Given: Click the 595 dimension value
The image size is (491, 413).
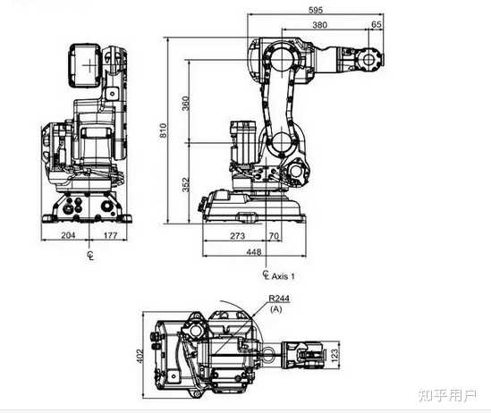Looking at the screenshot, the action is pos(316,10).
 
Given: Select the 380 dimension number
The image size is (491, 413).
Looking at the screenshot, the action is pos(319,25).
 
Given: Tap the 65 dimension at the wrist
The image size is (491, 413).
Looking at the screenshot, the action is pos(377,24).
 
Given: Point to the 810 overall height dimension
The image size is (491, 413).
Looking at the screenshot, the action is pos(163,131).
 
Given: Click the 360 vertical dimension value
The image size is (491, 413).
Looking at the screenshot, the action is pos(186,104).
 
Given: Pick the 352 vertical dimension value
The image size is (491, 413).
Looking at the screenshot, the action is pos(186,185).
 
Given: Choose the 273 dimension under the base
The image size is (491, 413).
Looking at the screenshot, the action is pos(238,236).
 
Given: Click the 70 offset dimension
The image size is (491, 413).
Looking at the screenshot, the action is pos(274,236).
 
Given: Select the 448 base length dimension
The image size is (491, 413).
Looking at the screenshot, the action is pos(254,251).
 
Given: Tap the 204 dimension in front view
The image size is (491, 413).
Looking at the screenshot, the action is pos(68,235).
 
